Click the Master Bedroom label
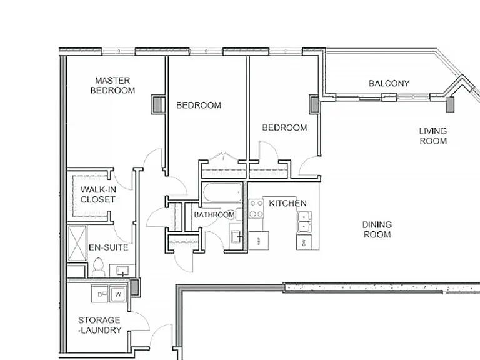112,86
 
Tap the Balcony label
389,83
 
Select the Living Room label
433,136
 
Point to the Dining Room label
377,229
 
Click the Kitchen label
287,203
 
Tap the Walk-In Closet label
98,194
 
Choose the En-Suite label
109,247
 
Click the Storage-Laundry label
99,325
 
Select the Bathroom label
214,214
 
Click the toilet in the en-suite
98,267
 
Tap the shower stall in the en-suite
77,243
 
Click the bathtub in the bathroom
222,192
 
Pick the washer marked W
118,294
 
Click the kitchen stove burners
256,209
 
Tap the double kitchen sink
304,222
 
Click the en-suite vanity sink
122,270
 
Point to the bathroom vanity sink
236,236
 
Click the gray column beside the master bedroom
157,105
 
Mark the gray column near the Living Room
450,105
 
